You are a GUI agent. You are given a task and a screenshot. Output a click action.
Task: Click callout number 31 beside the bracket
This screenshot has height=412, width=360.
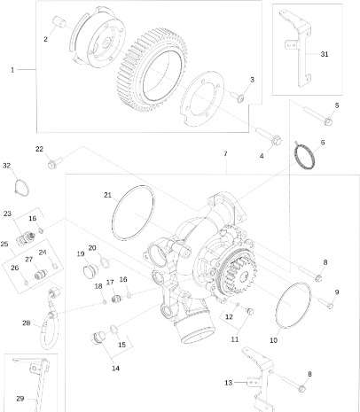click(x=325, y=54)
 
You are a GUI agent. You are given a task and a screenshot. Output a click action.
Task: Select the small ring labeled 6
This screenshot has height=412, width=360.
click(x=304, y=156)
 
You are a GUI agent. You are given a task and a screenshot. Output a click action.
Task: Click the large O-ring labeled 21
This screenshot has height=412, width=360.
click(x=133, y=213)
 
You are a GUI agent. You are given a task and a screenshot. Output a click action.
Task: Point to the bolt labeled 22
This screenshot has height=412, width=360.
click(x=55, y=163)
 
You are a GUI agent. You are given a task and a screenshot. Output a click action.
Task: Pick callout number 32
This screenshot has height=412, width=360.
click(x=6, y=166)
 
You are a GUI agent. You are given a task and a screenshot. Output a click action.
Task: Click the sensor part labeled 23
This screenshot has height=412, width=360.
click(x=26, y=237)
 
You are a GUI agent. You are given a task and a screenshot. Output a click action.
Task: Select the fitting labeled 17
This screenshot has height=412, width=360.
click(x=117, y=299)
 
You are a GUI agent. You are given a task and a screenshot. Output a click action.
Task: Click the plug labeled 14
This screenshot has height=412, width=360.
click(x=98, y=338)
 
